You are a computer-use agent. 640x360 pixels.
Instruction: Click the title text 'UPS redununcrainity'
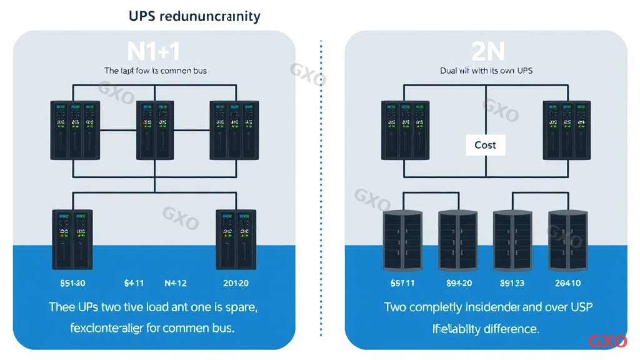tap(194, 16)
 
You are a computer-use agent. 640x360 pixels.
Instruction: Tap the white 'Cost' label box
tap(485, 145)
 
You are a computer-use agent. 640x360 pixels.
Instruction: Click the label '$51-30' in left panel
tap(72, 283)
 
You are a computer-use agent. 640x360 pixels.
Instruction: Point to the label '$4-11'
tap(134, 283)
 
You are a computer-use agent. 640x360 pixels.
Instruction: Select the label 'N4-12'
tap(175, 283)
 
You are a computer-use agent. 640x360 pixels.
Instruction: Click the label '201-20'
tap(236, 283)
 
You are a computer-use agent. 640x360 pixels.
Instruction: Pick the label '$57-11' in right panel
tap(402, 283)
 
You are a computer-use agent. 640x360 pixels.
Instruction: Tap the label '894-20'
tap(458, 283)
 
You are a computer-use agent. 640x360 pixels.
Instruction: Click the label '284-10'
tap(567, 283)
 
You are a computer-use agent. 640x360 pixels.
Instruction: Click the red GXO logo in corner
tap(607, 341)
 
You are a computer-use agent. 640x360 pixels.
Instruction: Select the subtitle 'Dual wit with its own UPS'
tap(486, 71)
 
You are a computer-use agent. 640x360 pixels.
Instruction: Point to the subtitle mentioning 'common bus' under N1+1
tap(155, 71)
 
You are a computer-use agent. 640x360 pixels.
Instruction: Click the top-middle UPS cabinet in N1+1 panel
tap(154, 129)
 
